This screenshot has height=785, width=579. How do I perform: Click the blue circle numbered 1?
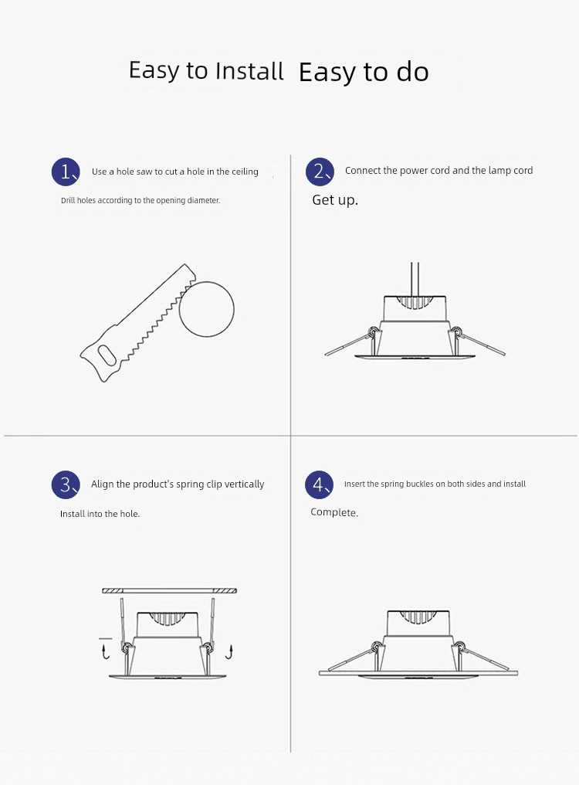click(66, 172)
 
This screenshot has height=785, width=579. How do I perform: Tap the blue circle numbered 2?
click(320, 172)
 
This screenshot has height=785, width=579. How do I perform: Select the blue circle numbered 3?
click(66, 484)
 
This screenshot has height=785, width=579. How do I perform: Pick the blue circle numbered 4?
click(320, 484)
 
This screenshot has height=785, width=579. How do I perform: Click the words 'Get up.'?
click(335, 200)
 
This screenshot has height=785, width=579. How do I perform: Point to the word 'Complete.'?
click(334, 512)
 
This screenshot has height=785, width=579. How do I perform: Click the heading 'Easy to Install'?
click(206, 70)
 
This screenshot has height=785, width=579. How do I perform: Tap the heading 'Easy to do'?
click(364, 72)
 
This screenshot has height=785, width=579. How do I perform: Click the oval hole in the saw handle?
click(106, 356)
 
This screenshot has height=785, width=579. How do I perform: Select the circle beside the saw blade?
click(207, 309)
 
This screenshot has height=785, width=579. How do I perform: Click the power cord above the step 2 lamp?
click(415, 279)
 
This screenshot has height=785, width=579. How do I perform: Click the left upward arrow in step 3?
click(105, 652)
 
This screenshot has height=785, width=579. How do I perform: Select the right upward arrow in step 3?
click(230, 652)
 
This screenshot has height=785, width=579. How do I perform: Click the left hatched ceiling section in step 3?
click(113, 591)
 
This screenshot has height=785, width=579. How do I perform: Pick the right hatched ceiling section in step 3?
click(225, 591)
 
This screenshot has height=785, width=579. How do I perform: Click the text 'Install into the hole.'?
click(100, 514)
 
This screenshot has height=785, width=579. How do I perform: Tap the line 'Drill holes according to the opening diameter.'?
click(141, 200)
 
